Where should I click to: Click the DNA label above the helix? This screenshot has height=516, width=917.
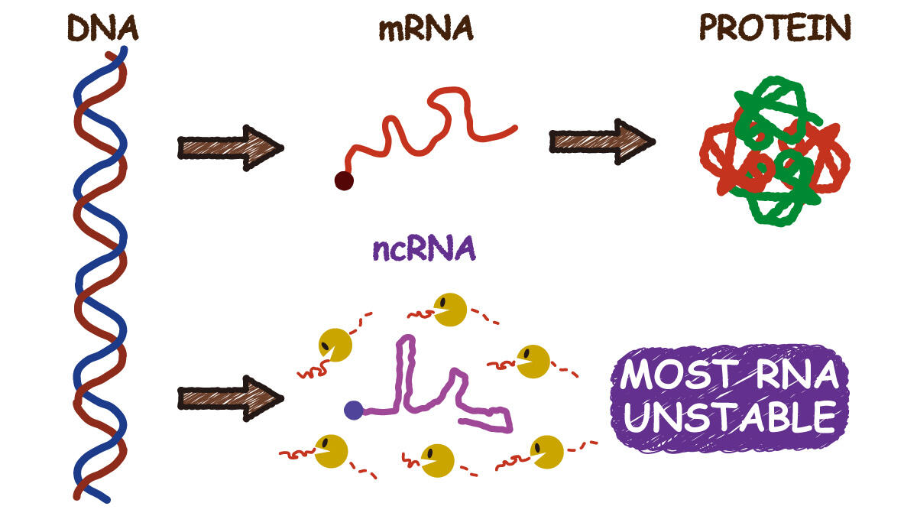pyautogui.click(x=102, y=28)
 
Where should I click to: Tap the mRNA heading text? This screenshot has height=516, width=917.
pyautogui.click(x=426, y=28)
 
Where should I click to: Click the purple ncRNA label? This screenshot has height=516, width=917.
pyautogui.click(x=425, y=248)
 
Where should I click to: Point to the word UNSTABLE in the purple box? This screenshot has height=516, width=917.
pyautogui.click(x=730, y=417)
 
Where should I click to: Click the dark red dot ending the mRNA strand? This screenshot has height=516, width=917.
pyautogui.click(x=344, y=181)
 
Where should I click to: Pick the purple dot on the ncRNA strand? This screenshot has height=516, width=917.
pyautogui.click(x=353, y=411)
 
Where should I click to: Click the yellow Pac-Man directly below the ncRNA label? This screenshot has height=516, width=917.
pyautogui.click(x=450, y=309)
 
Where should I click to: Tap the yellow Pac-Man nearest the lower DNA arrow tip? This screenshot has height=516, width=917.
pyautogui.click(x=335, y=346)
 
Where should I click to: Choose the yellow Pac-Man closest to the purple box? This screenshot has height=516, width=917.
pyautogui.click(x=547, y=451)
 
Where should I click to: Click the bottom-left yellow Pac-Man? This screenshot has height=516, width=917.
pyautogui.click(x=331, y=451)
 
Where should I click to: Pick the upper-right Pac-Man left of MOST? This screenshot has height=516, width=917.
pyautogui.click(x=532, y=362)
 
